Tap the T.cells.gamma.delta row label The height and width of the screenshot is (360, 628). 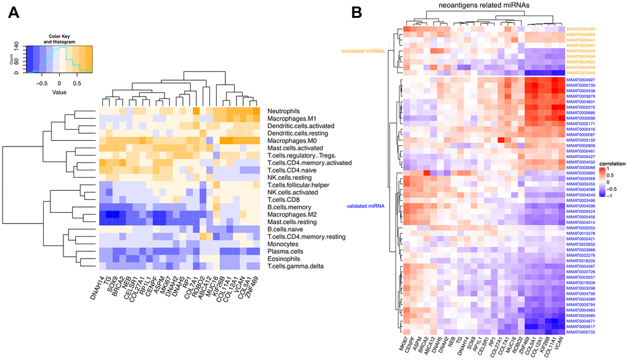(x=296, y=266)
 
